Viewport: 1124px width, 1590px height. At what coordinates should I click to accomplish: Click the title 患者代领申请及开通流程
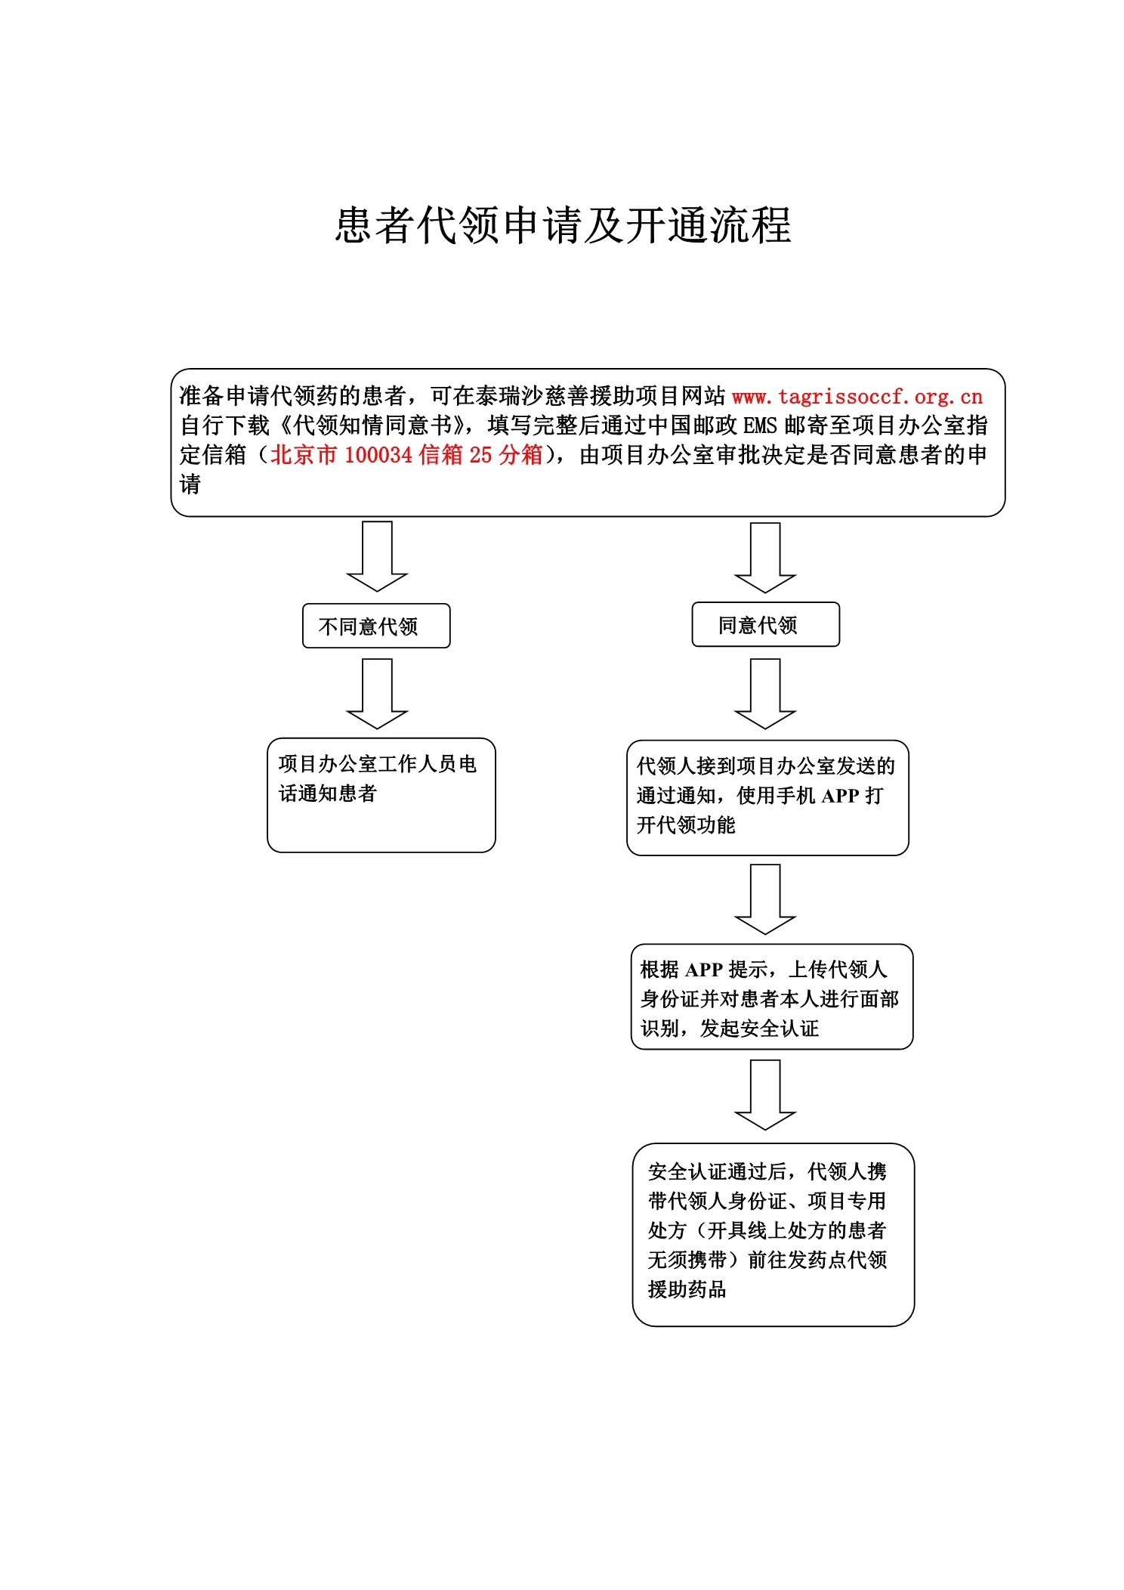[563, 225]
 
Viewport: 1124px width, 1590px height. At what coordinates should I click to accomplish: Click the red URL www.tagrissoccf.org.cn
[857, 396]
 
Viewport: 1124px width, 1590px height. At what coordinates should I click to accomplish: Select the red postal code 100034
[378, 455]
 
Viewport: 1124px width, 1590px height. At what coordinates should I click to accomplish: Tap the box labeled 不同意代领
[376, 626]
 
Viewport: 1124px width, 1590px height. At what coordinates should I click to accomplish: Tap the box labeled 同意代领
[765, 624]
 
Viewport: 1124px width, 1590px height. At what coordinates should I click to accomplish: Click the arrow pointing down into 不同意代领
[377, 556]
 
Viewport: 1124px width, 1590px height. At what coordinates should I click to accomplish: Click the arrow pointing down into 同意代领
[765, 558]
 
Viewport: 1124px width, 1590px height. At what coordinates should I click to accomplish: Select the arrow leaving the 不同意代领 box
[377, 694]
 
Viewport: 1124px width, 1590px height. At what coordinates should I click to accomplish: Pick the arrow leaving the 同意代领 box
[765, 694]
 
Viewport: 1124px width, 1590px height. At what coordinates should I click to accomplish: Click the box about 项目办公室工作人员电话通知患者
[381, 795]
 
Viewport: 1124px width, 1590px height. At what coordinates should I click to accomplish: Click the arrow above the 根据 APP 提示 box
[765, 899]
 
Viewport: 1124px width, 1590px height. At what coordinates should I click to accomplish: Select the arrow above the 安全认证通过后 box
[765, 1095]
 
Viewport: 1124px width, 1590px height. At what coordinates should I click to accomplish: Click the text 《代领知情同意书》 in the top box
[368, 425]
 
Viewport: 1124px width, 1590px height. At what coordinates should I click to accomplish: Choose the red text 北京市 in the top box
[303, 455]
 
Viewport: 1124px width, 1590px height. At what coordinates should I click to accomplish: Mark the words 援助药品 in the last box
[687, 1289]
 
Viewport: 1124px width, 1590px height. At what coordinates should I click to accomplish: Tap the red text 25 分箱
[506, 455]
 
